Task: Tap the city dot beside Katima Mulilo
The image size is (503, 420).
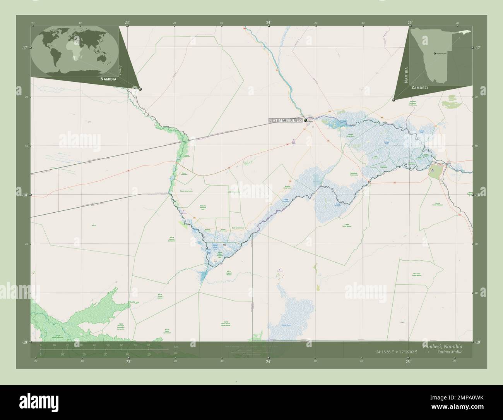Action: coord(306,120)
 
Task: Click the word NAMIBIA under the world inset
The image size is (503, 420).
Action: coord(108,79)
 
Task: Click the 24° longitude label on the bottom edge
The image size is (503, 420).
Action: coord(268,361)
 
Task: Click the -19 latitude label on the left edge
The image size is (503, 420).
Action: coord(25,342)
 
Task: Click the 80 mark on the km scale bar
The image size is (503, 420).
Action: coord(148,345)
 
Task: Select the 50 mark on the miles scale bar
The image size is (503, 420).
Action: coord(149,354)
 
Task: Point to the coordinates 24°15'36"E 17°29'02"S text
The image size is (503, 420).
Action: coord(397,352)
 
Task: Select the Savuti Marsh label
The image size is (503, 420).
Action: coord(286,325)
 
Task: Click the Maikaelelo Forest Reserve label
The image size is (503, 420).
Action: coord(416,275)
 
